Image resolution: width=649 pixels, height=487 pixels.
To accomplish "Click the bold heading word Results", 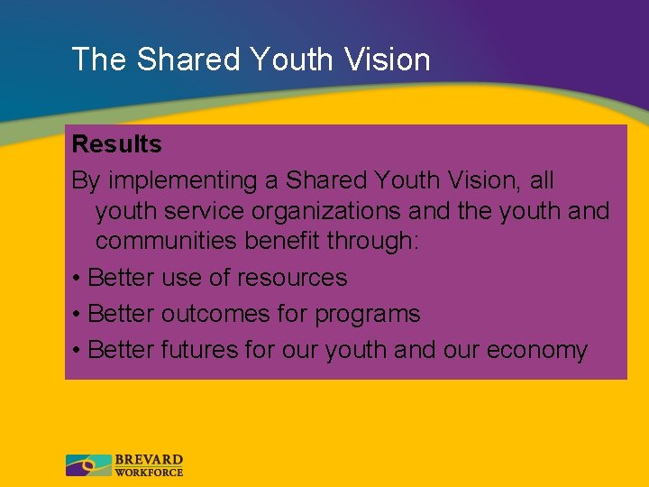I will [116, 144].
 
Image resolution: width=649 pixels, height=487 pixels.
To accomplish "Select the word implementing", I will [182, 181].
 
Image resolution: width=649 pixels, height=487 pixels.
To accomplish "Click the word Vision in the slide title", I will [387, 60].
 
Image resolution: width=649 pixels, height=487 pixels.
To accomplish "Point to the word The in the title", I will [99, 60].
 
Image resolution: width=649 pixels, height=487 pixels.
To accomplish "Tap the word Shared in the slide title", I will [188, 60].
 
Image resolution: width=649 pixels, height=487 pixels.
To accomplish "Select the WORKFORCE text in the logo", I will [149, 472].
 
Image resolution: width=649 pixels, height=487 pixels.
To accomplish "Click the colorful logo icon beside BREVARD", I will [88, 465].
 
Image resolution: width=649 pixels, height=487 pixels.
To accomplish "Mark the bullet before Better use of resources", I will [78, 279].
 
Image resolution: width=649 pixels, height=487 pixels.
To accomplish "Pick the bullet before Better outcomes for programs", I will [78, 315].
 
